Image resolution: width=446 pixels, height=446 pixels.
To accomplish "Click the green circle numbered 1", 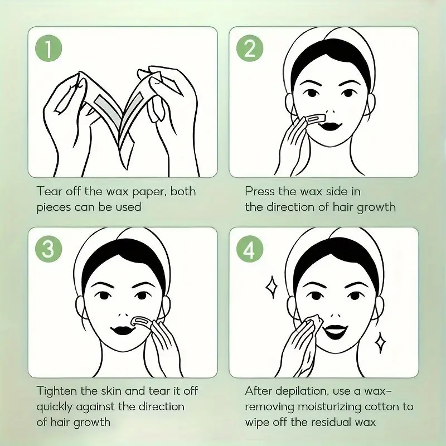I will click(x=49, y=49).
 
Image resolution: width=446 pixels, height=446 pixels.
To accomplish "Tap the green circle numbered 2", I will click(x=250, y=49).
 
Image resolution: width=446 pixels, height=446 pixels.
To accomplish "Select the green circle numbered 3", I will click(x=49, y=249).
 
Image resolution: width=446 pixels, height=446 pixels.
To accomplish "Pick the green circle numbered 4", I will click(x=250, y=249).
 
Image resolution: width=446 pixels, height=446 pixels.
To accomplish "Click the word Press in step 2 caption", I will click(x=260, y=191).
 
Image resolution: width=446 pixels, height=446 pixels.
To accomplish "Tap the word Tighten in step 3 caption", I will click(x=58, y=391).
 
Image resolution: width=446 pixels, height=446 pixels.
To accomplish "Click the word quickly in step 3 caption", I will click(x=57, y=406).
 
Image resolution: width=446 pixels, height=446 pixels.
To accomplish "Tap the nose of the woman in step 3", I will click(x=122, y=306).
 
